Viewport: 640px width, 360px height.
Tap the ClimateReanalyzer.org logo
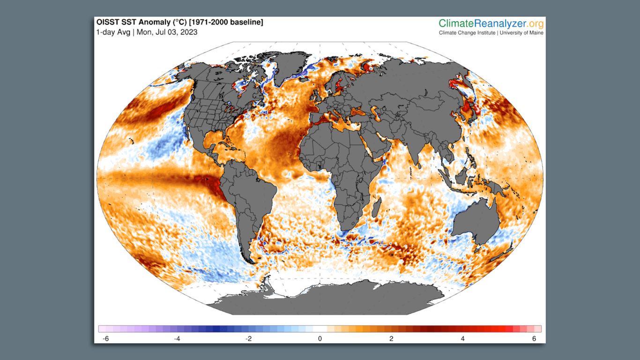pos(491,23)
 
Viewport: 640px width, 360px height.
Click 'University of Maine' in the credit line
pos(521,33)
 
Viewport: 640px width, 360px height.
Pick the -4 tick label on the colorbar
pos(177,339)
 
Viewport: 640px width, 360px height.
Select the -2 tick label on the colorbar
pos(248,339)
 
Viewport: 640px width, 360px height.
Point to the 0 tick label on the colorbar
pos(320,339)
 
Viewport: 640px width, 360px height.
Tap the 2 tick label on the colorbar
pos(391,339)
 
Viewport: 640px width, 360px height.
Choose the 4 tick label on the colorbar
pos(463,339)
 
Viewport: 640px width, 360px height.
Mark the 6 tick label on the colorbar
pos(534,339)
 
